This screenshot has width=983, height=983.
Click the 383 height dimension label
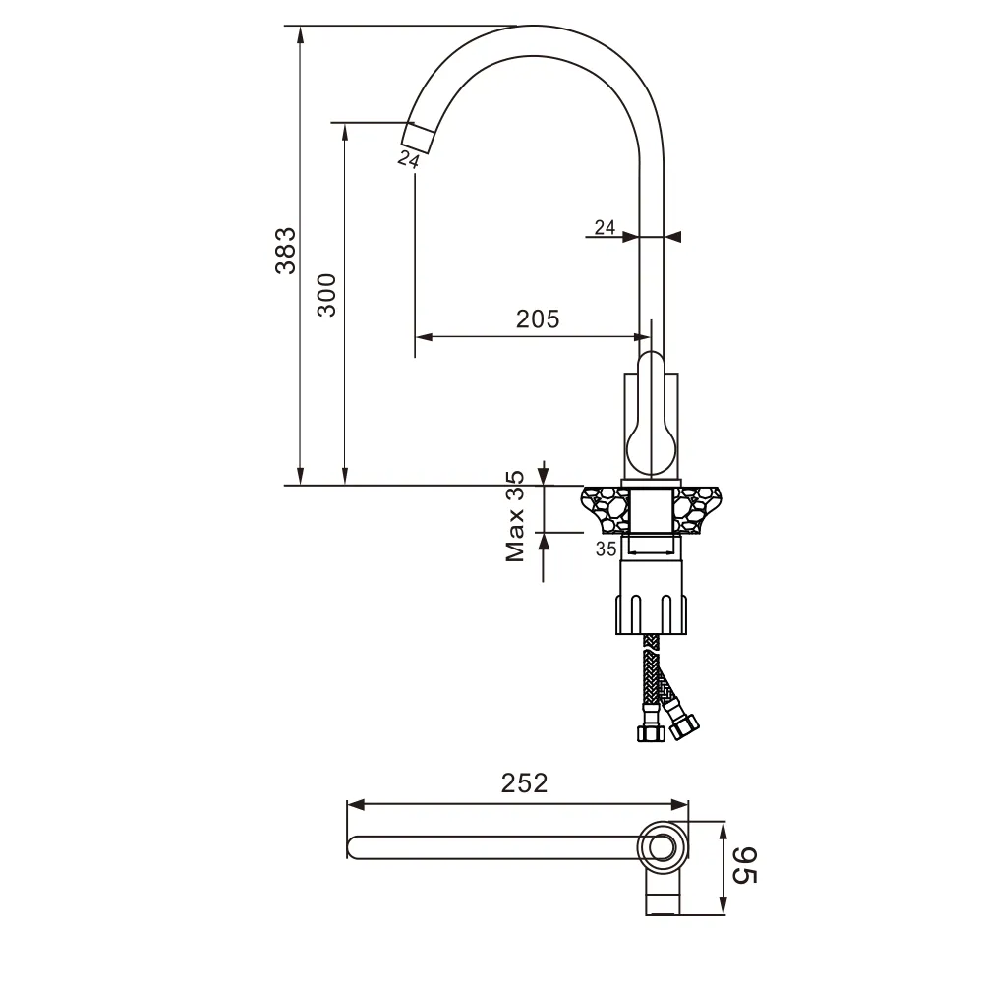tap(286, 251)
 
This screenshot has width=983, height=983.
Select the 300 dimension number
tap(326, 295)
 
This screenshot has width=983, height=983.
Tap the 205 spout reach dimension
tap(538, 319)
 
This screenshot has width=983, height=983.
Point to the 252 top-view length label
tap(524, 782)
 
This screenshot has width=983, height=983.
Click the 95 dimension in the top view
tap(745, 865)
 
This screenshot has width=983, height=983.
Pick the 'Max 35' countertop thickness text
tap(515, 516)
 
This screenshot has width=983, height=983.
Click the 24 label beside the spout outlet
tap(408, 159)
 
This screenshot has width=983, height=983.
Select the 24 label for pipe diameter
tap(605, 227)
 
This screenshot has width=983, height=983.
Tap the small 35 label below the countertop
tap(606, 549)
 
